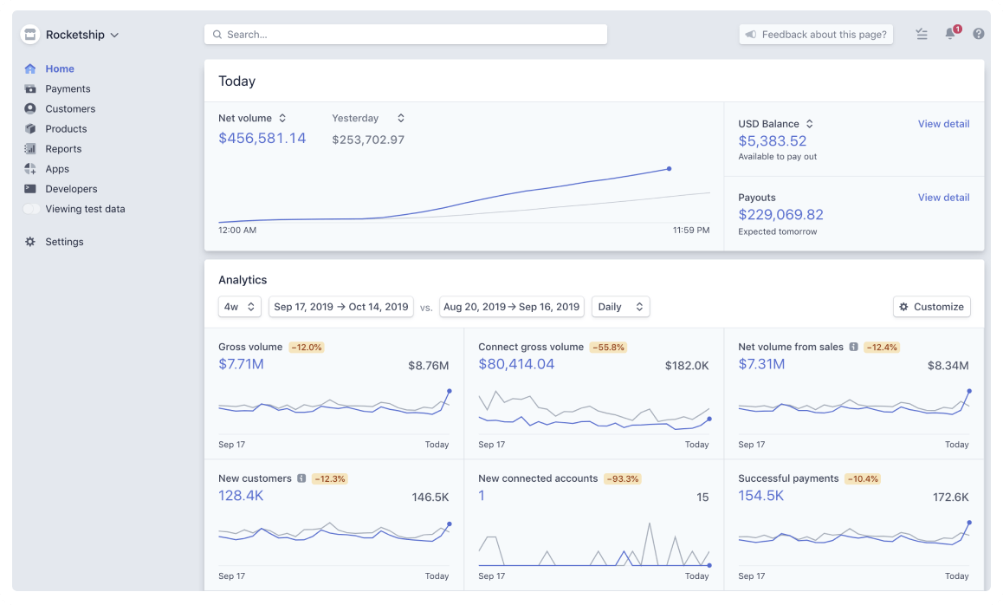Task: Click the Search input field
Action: point(405,35)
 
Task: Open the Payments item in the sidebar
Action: point(68,88)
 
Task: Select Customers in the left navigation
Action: point(70,108)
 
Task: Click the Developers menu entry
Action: point(71,189)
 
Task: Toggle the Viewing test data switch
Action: point(31,209)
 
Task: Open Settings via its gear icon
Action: point(30,242)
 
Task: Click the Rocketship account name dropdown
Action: point(81,35)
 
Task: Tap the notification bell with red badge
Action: point(950,34)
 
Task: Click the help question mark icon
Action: point(979,34)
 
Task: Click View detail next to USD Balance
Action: point(943,124)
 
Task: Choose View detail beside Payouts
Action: point(943,198)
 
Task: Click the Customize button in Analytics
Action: point(931,307)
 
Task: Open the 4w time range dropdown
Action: point(240,307)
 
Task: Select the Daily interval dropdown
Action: point(620,307)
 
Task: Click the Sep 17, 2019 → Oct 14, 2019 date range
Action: point(341,307)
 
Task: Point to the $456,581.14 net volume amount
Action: point(262,138)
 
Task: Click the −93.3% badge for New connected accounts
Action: point(622,478)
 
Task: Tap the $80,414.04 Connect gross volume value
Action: point(516,364)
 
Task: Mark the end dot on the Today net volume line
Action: point(670,169)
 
